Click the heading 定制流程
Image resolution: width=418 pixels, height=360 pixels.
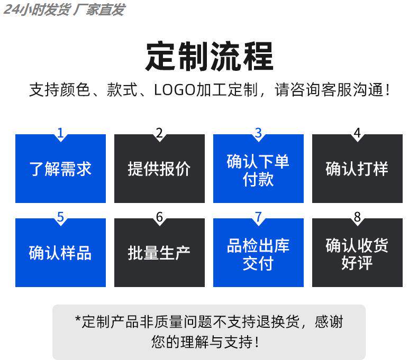click(209, 56)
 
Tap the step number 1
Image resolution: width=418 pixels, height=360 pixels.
click(60, 133)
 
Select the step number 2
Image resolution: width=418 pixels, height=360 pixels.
click(159, 133)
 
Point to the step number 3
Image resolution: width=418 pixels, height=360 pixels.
click(258, 133)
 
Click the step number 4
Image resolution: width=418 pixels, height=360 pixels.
click(357, 133)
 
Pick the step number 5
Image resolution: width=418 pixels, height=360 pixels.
click(60, 217)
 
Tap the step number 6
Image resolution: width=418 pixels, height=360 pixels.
click(159, 217)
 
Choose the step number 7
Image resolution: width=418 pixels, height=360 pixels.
click(258, 217)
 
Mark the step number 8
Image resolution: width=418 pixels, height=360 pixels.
click(357, 217)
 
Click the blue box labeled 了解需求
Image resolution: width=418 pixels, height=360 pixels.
click(60, 169)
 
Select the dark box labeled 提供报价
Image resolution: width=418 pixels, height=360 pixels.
click(159, 169)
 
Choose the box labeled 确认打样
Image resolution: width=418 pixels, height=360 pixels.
click(357, 169)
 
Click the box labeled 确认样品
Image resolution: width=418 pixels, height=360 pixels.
click(60, 253)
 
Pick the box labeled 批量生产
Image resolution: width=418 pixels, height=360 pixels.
click(159, 253)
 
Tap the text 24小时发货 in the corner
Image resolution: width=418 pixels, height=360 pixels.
click(36, 10)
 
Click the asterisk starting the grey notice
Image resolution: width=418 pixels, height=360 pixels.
click(78, 320)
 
